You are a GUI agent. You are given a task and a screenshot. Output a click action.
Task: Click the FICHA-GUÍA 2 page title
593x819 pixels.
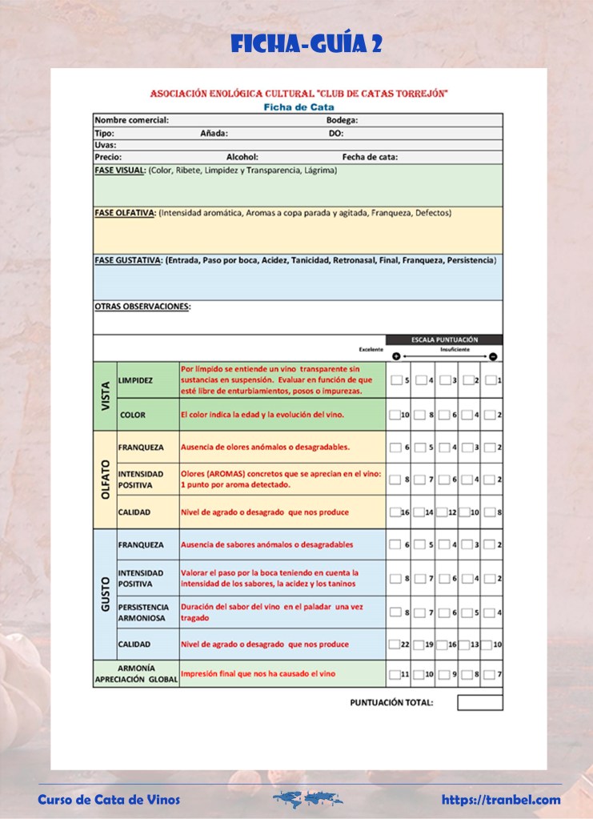pyautogui.click(x=307, y=43)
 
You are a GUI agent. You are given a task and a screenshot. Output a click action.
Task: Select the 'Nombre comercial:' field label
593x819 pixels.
pyautogui.click(x=131, y=120)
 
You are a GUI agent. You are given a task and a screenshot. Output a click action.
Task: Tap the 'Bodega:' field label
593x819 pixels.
pyautogui.click(x=342, y=120)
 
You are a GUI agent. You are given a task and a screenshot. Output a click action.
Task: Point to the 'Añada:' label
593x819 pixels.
pyautogui.click(x=214, y=133)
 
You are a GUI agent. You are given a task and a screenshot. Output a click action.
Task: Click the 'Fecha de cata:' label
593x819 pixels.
pyautogui.click(x=370, y=157)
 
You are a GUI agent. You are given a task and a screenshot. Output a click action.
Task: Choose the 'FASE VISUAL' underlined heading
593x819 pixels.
pyautogui.click(x=119, y=171)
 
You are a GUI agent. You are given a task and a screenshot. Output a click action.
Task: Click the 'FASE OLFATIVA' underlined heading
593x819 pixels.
pyautogui.click(x=125, y=213)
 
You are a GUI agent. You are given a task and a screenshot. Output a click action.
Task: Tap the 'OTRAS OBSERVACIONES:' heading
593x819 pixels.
pyautogui.click(x=142, y=306)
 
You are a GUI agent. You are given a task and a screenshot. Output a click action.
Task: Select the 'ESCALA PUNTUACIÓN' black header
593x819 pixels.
pyautogui.click(x=444, y=339)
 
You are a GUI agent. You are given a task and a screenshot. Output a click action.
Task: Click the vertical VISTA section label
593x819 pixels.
pyautogui.click(x=106, y=395)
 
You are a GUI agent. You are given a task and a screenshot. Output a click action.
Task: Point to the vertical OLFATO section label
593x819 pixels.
pyautogui.click(x=106, y=480)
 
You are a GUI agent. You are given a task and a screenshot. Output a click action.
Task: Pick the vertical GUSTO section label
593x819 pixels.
pyautogui.click(x=106, y=593)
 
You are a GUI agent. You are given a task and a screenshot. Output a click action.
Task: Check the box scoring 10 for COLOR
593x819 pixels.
pyautogui.click(x=395, y=415)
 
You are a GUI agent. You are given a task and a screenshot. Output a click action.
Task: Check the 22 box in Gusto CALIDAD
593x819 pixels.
pyautogui.click(x=394, y=644)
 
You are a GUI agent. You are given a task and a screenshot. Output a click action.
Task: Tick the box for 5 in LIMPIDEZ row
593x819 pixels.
pyautogui.click(x=396, y=380)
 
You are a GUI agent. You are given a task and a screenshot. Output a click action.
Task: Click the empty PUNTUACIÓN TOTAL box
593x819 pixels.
pyautogui.click(x=480, y=702)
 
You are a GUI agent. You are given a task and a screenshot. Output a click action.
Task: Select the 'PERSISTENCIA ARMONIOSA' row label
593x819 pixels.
pyautogui.click(x=141, y=612)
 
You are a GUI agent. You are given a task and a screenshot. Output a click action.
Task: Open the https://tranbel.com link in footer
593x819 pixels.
pyautogui.click(x=501, y=799)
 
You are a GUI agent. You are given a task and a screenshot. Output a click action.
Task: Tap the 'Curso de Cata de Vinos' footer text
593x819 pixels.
pyautogui.click(x=109, y=799)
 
